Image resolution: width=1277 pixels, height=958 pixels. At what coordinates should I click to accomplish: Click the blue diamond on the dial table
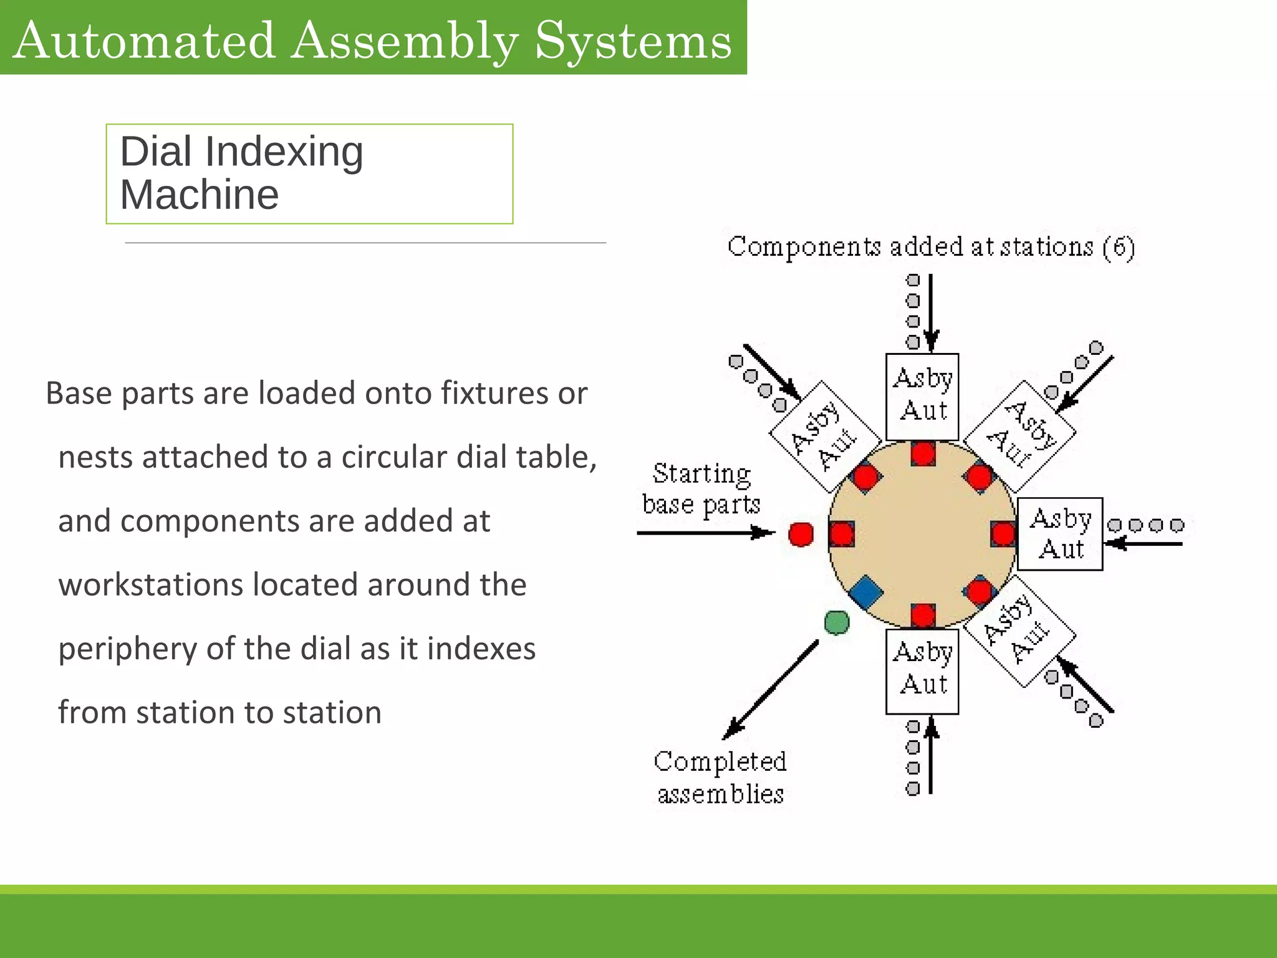coord(865,593)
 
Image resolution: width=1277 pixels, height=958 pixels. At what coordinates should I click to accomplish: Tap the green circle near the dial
coord(836,622)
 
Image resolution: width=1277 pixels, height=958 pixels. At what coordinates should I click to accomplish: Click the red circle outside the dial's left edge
coord(801,534)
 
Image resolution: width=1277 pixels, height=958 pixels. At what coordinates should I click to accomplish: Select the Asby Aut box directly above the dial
coord(922,397)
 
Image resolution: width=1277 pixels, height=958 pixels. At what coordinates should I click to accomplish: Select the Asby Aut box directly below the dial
coord(922,671)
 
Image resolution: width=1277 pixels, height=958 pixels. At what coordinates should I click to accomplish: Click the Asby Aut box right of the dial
coord(1059,534)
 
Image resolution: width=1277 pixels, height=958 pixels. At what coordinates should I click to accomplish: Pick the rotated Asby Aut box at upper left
coord(824,436)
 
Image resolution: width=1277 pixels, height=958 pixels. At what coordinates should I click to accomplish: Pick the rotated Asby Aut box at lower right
coord(1020,631)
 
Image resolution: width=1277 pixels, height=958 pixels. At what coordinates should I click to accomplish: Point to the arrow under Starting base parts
coord(705,533)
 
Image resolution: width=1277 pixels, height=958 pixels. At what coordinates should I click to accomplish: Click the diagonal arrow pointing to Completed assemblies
coord(771,689)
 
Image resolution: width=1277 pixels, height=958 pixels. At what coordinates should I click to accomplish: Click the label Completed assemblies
coord(720,778)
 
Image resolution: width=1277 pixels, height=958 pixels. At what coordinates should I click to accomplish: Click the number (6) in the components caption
coord(1119,248)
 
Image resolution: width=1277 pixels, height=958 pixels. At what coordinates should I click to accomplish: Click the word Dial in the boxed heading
coord(155,152)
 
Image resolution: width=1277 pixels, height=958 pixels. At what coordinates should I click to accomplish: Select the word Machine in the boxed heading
coord(200,195)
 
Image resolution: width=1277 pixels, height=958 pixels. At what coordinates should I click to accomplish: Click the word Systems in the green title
coord(633,41)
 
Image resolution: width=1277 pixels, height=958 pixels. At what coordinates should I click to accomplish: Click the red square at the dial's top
coord(922,453)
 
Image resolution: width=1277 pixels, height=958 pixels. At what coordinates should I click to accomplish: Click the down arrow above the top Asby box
coord(930,312)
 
